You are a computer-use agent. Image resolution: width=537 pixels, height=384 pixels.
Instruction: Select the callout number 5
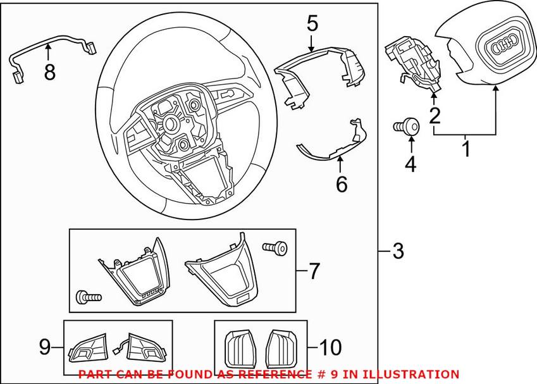tap(312, 25)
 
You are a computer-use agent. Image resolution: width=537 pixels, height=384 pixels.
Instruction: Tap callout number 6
tap(341, 184)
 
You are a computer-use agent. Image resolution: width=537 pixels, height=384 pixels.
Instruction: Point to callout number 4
tap(410, 164)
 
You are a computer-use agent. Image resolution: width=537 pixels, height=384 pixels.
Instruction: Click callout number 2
tap(434, 115)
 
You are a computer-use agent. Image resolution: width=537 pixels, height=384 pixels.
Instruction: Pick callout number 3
tap(397, 251)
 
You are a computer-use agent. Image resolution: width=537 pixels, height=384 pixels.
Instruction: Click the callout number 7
tap(314, 272)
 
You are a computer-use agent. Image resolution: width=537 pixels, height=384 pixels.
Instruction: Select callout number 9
tap(45, 347)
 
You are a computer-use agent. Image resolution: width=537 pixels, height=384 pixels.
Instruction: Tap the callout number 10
tap(330, 347)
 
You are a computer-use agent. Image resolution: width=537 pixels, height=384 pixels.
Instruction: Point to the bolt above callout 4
tap(410, 127)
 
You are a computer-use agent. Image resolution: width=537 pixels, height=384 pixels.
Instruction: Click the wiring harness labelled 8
tap(51, 47)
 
